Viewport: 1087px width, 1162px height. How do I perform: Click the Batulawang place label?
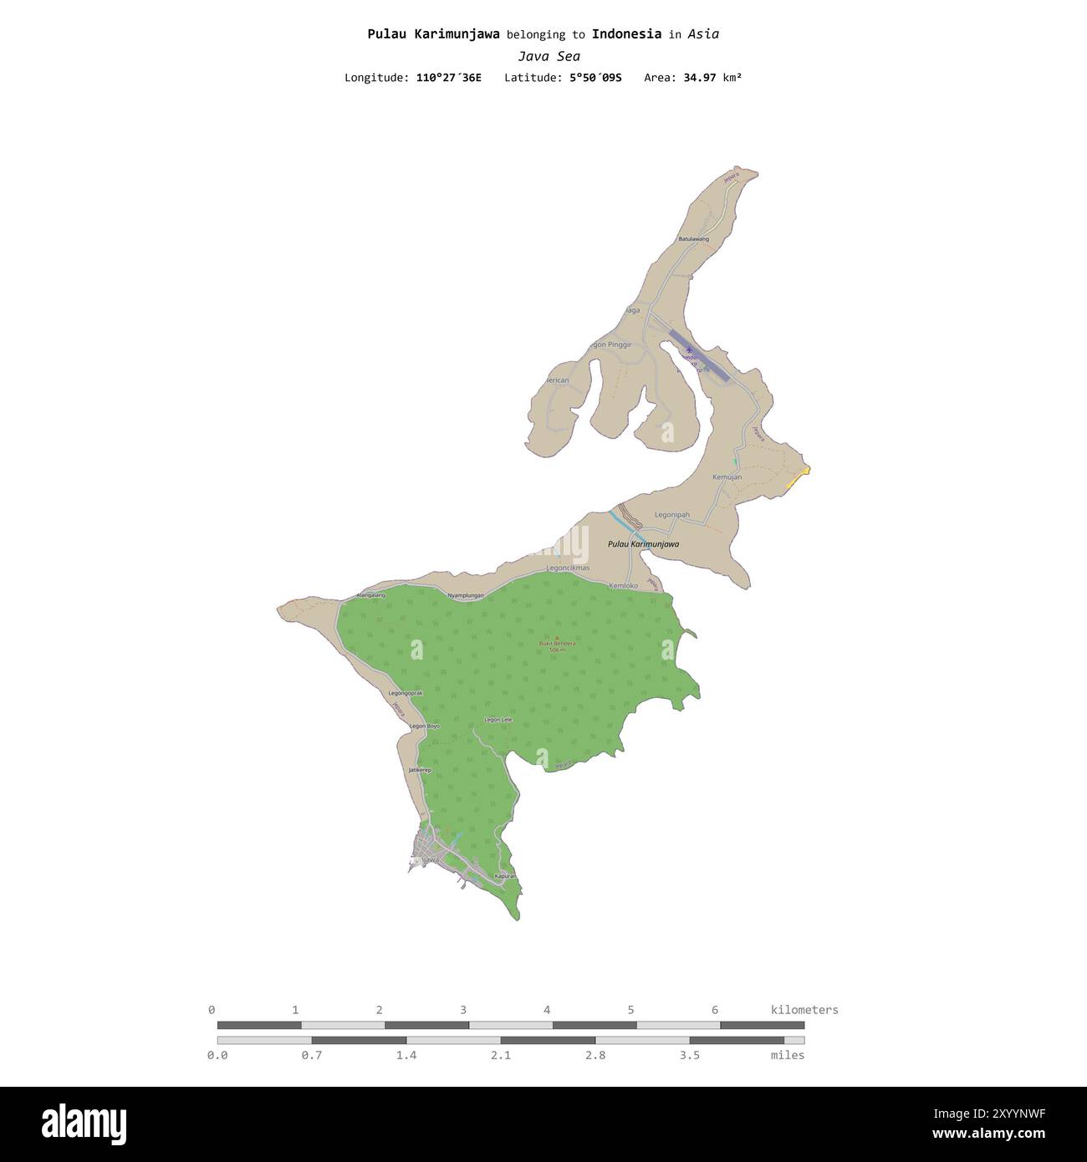point(693,239)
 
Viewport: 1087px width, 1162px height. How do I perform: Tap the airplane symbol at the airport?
point(689,349)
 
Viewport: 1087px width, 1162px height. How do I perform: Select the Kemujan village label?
point(727,477)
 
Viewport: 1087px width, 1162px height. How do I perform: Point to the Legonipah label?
point(672,515)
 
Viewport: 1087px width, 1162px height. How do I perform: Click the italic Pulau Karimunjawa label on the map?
point(643,544)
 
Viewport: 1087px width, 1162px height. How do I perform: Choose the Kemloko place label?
point(623,586)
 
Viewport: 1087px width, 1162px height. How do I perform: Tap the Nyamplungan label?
point(466,595)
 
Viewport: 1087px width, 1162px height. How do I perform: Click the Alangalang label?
point(371,595)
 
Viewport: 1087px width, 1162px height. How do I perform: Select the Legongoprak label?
point(406,693)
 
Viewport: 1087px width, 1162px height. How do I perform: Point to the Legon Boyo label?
point(425,726)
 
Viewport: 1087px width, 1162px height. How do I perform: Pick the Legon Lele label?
point(498,720)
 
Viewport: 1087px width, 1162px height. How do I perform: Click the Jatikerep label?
point(420,770)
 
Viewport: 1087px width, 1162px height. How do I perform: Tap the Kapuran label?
point(506,876)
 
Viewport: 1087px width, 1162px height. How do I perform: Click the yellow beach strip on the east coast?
point(799,479)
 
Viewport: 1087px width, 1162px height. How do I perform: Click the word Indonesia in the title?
point(626,34)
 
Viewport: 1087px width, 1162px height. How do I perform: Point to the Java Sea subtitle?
point(549,57)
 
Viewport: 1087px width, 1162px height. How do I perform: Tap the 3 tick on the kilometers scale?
point(463,1010)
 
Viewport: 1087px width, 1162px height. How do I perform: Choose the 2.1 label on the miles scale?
point(501,1055)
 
